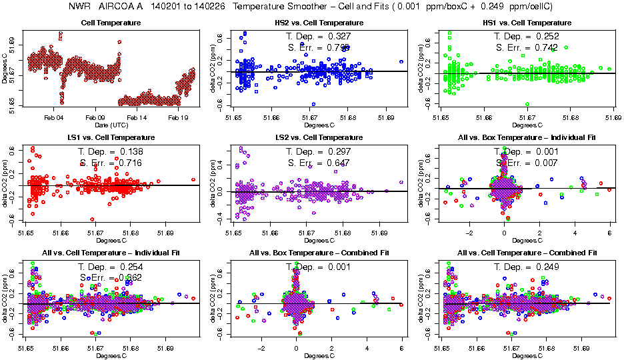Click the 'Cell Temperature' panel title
pos(111,23)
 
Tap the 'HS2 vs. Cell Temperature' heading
pos(320,23)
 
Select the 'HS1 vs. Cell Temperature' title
pos(527,23)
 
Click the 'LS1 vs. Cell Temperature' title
pos(111,137)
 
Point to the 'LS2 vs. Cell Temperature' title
pos(320,137)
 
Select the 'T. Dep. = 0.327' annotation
pos(319,35)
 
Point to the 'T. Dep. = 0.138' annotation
pos(111,151)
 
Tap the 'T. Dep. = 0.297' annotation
pos(319,151)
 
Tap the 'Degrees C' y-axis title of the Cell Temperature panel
pos(5,69)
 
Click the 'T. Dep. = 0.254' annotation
pos(111,267)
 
